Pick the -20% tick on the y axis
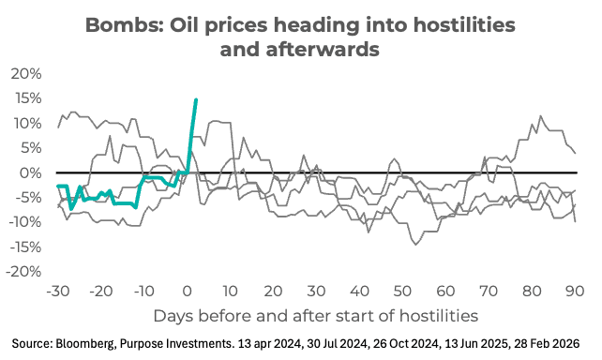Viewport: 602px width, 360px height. pos(25,271)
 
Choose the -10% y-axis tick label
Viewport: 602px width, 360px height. pos(25,221)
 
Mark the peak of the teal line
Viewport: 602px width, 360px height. pos(195,99)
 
